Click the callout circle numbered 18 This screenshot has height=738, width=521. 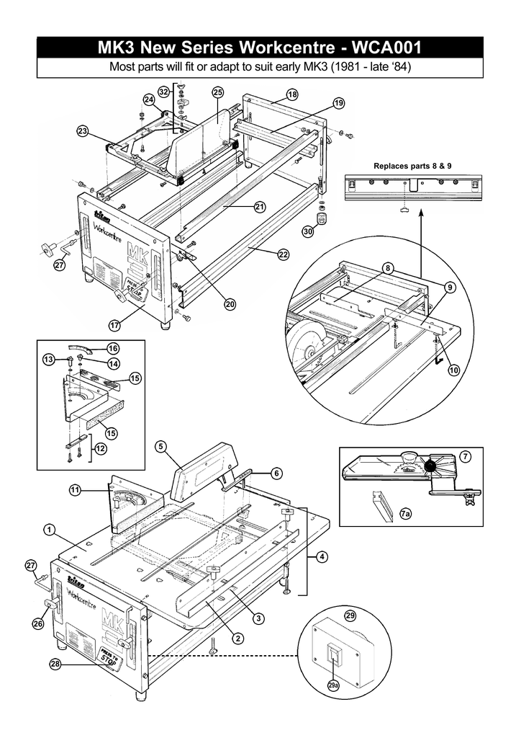point(291,94)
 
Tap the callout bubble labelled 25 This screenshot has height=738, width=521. point(218,92)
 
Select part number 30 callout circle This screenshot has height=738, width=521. point(308,232)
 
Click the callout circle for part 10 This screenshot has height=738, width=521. point(454,370)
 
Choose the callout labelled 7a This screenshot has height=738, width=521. point(406,513)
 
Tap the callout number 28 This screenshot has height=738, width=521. point(55,664)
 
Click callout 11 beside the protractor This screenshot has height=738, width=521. point(75,491)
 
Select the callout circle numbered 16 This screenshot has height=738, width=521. point(112,348)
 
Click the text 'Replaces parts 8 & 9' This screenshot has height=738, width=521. point(411,166)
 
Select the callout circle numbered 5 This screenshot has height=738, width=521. point(160,446)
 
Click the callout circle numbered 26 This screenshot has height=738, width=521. point(37,622)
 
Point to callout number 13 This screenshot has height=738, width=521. point(49,359)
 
